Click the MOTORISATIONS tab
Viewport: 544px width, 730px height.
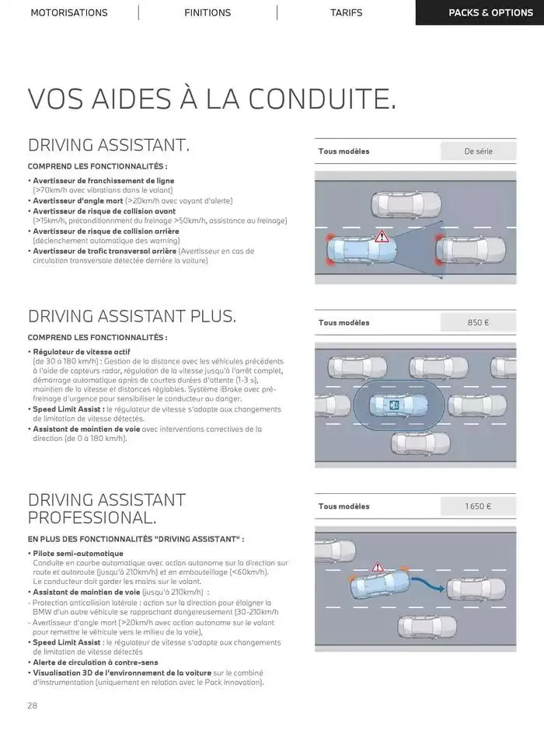(69, 12)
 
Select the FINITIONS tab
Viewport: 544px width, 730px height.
(207, 12)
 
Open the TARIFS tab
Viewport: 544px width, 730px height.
(346, 12)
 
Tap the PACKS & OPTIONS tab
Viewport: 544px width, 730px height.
(479, 12)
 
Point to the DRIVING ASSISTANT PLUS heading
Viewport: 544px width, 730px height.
(132, 316)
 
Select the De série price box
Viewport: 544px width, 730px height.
(478, 151)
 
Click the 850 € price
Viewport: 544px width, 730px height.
(478, 322)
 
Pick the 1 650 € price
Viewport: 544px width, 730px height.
(478, 506)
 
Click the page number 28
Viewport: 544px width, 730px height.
(33, 705)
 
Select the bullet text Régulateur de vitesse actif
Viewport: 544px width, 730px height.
(81, 352)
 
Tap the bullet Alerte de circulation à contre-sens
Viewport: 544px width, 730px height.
(96, 662)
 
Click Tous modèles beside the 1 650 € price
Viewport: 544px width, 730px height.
(344, 506)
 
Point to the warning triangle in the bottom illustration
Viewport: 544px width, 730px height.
(378, 568)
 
